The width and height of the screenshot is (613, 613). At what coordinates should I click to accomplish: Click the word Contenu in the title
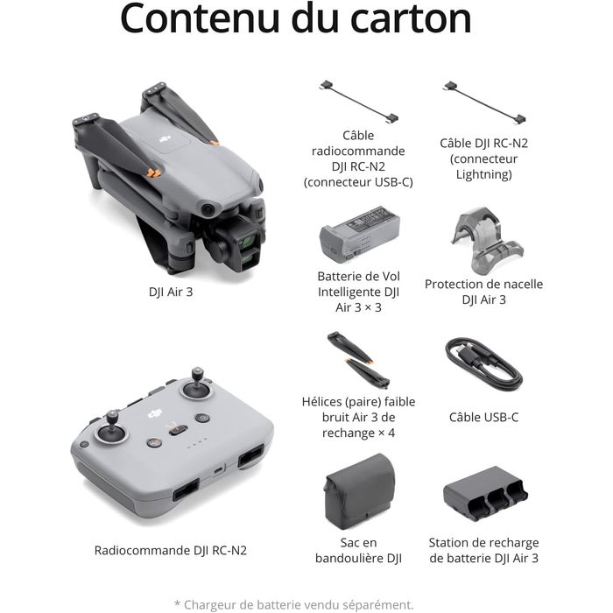[x=201, y=18]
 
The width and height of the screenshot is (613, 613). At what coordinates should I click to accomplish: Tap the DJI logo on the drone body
[x=165, y=138]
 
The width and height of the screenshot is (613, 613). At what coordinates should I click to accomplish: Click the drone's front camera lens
[x=247, y=243]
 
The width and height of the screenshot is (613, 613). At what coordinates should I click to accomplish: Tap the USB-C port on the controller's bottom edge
[x=219, y=469]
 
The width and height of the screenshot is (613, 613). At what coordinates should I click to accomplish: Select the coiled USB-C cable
[x=484, y=364]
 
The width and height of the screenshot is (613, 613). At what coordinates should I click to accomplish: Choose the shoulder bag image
[x=359, y=491]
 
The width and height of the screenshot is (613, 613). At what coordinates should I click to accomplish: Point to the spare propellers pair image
[x=358, y=360]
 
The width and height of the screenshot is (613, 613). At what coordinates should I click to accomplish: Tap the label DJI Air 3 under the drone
[x=171, y=292]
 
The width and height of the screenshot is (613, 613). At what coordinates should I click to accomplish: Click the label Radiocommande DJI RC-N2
[x=171, y=551]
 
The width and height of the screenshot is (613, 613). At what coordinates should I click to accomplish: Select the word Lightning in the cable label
[x=484, y=174]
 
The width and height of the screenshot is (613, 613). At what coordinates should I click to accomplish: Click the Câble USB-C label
[x=484, y=417]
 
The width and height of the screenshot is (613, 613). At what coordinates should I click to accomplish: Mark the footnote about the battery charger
[x=293, y=605]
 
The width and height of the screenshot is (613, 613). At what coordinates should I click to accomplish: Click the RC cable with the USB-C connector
[x=359, y=102]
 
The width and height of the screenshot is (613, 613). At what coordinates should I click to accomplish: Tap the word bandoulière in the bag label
[x=346, y=559]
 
